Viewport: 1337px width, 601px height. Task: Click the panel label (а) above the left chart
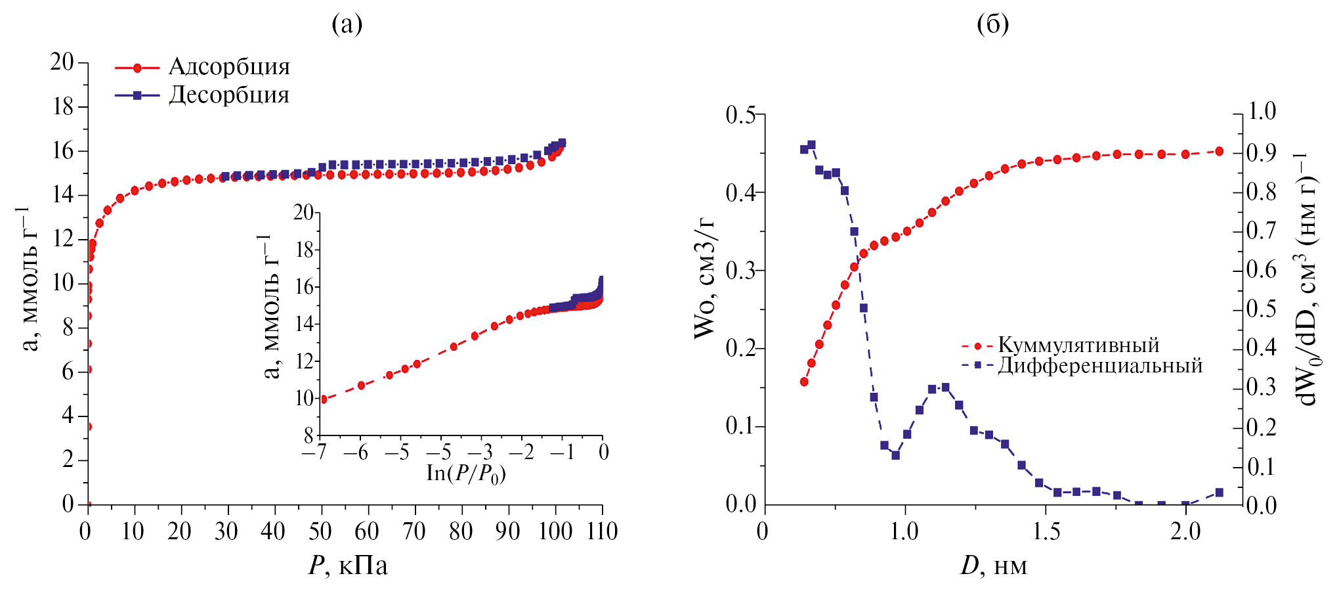(x=347, y=24)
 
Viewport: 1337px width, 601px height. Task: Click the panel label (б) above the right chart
(x=992, y=24)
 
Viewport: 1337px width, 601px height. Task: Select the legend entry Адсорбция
(x=229, y=67)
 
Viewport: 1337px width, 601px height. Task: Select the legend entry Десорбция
(x=229, y=95)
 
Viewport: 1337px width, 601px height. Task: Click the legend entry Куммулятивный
(x=1078, y=345)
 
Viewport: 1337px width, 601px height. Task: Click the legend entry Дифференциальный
(x=1100, y=365)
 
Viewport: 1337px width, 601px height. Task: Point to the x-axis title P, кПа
(x=348, y=566)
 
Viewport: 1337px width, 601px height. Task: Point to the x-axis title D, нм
(x=994, y=566)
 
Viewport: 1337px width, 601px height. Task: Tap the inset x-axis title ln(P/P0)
(x=466, y=474)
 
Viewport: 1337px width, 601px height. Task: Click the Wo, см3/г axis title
(x=705, y=277)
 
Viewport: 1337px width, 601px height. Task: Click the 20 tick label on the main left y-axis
(x=62, y=62)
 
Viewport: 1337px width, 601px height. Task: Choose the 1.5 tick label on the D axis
(x=1046, y=531)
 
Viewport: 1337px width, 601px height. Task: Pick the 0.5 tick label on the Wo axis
(x=741, y=115)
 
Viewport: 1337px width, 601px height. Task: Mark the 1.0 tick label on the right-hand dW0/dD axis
(x=1262, y=111)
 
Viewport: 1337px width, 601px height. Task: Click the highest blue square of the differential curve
(x=811, y=145)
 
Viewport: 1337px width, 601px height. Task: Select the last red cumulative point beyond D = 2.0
(x=1220, y=151)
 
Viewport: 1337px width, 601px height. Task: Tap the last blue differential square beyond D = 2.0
(x=1220, y=493)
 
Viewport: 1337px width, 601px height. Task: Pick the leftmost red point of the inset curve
(x=323, y=399)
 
